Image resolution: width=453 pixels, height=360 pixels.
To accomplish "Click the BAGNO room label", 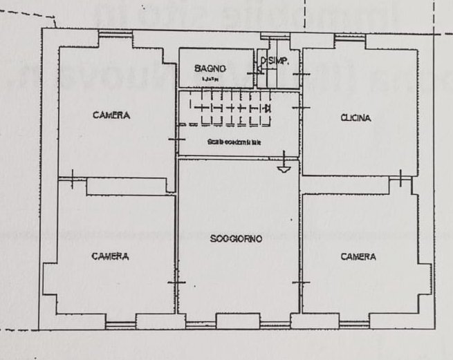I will (x=209, y=68).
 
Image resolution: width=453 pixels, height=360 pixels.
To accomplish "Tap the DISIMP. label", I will (x=274, y=61).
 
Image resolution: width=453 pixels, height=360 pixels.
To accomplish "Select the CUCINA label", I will (x=355, y=118).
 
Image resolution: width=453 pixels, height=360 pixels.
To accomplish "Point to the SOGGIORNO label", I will (x=237, y=240).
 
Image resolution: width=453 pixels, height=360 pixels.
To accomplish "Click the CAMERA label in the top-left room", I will (x=111, y=115).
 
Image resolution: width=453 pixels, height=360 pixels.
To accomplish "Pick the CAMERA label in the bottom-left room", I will (x=110, y=256).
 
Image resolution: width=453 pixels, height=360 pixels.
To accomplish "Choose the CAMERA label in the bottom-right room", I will (x=358, y=256).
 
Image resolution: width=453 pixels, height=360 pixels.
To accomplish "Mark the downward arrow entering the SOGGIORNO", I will (x=284, y=167).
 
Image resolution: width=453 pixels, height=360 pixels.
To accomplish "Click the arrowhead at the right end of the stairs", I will (x=267, y=108).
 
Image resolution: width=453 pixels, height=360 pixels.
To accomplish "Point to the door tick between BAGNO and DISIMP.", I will (x=257, y=71).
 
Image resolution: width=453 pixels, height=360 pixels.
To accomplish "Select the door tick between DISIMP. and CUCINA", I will (x=302, y=71).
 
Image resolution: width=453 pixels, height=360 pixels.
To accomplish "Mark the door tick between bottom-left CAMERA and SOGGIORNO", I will (x=177, y=283).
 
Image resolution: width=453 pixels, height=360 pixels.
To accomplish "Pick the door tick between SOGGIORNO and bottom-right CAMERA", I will (x=301, y=283).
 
